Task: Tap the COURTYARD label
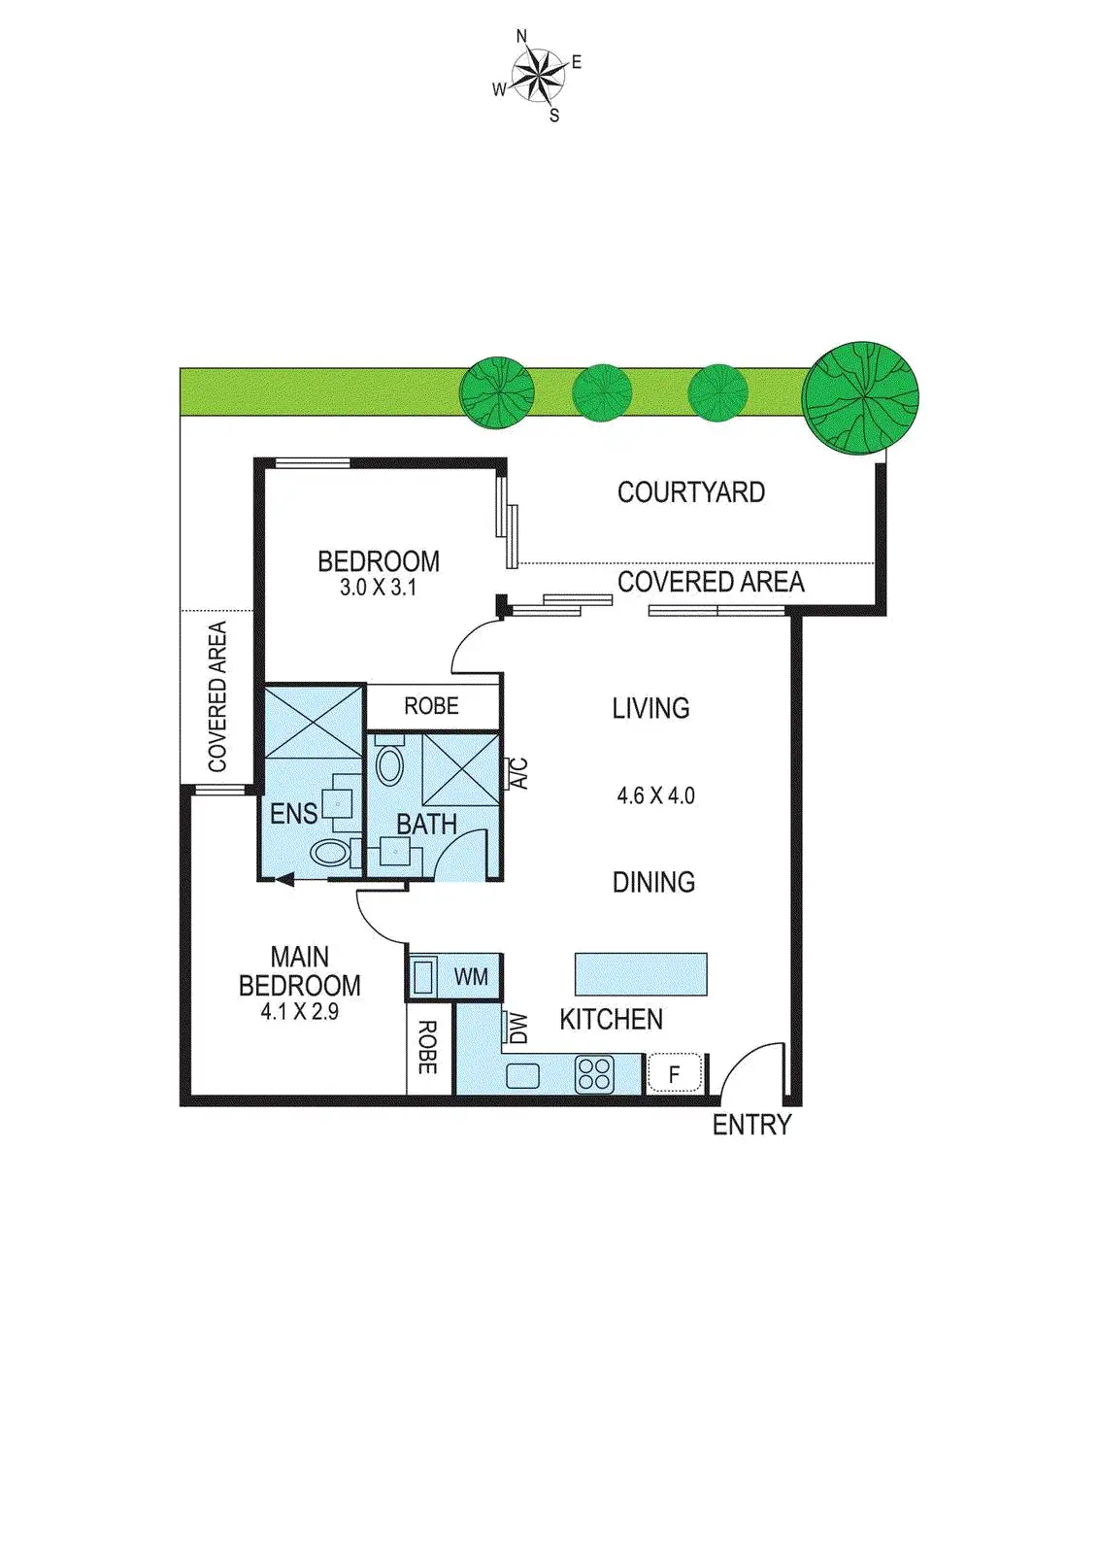pos(690,492)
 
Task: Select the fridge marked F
pos(675,1074)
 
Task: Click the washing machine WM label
pos(471,977)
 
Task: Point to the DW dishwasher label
pos(517,1028)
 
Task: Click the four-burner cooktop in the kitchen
pos(594,1074)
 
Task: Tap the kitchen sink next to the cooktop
pos(522,1075)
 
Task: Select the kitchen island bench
pos(641,973)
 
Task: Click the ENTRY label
pos(751,1125)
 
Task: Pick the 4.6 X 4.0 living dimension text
pos(655,795)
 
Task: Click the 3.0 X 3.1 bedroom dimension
pos(378,588)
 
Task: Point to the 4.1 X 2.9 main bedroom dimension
pos(299,1011)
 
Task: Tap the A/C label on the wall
pos(519,773)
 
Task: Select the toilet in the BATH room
pos(389,763)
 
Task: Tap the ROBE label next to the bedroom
pos(431,706)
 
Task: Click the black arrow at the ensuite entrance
pos(284,880)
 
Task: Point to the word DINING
pos(653,882)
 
